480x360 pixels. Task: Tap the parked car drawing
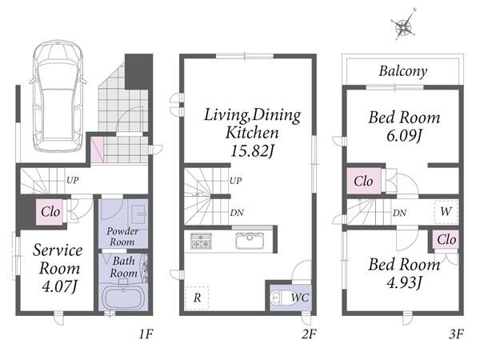tap(58, 97)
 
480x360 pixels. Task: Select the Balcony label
tap(403, 71)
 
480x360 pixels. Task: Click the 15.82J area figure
tap(252, 150)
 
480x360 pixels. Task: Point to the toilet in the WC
tap(277, 298)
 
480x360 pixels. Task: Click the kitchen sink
tap(250, 240)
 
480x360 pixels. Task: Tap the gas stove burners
tap(201, 241)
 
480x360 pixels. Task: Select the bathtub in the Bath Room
tap(123, 298)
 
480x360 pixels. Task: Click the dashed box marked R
tap(197, 298)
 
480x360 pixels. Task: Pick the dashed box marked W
tap(446, 211)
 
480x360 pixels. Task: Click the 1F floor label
tap(146, 334)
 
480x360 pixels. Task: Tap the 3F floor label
tap(457, 334)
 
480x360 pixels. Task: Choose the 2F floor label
tap(309, 334)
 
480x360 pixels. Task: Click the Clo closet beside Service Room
tap(50, 212)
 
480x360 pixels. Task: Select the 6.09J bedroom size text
tap(404, 136)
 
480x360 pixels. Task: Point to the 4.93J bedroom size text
tap(404, 282)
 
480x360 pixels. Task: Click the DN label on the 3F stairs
tap(399, 213)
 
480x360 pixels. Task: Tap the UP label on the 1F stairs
tap(73, 180)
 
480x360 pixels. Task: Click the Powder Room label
tap(122, 236)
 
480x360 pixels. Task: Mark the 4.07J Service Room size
tap(59, 286)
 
